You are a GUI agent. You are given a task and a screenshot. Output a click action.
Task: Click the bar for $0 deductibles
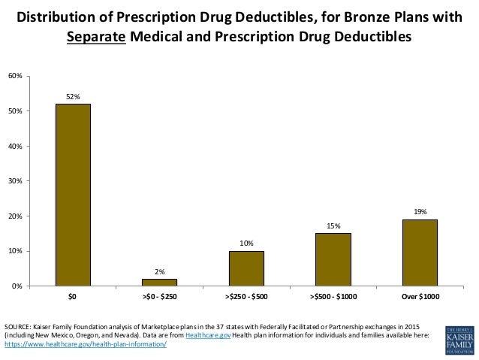click(x=72, y=195)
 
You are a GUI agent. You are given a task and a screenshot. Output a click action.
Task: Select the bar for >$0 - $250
click(x=160, y=282)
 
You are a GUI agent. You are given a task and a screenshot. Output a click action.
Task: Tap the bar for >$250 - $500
click(x=246, y=268)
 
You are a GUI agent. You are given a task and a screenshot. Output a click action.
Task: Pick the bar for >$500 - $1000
click(x=333, y=259)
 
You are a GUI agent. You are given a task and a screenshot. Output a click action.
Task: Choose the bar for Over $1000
click(x=419, y=253)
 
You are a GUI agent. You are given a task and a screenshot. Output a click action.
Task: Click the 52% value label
click(x=73, y=97)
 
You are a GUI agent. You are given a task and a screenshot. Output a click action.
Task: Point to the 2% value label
click(x=160, y=271)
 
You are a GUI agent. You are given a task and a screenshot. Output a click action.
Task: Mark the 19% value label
click(x=419, y=212)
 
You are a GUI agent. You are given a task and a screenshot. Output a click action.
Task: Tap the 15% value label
click(x=333, y=226)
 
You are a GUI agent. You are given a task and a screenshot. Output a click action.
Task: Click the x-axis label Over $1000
click(x=419, y=297)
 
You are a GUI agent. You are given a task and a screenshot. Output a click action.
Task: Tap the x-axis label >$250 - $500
click(x=246, y=297)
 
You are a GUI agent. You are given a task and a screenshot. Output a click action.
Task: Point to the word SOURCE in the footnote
click(x=17, y=325)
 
